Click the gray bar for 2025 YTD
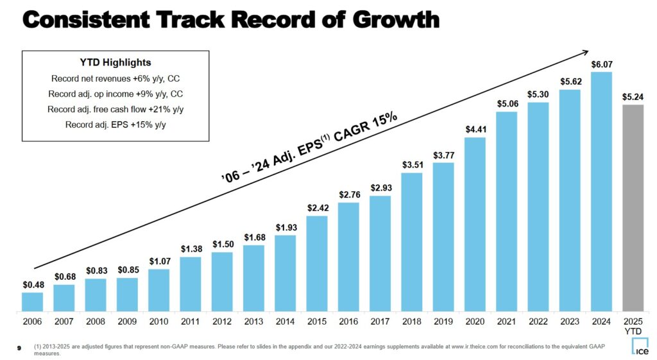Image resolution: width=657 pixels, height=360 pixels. [633, 208]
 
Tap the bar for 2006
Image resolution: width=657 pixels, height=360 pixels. [32, 302]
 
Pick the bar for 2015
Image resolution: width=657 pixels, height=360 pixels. [317, 263]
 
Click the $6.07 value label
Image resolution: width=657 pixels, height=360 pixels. [601, 64]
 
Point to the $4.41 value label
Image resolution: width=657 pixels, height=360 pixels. [475, 130]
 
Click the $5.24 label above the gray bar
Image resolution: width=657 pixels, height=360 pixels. [633, 97]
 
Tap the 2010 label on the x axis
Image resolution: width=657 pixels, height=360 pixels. [158, 320]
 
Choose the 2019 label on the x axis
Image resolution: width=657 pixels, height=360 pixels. [443, 320]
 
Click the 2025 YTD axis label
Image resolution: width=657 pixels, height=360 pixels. [633, 325]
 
